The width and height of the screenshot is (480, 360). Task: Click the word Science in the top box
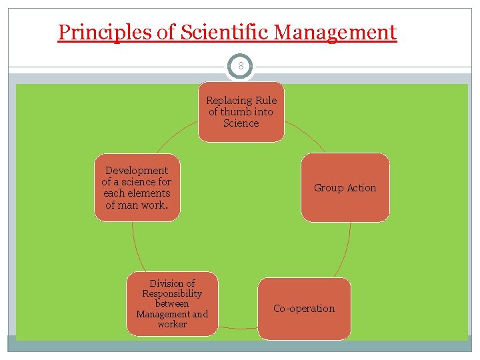click(241, 123)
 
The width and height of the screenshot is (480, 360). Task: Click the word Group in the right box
click(329, 188)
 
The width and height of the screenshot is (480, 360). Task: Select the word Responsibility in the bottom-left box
click(172, 293)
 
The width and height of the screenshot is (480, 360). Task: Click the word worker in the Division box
click(172, 325)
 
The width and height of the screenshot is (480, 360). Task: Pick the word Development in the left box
click(137, 171)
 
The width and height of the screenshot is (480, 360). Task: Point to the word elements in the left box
click(149, 193)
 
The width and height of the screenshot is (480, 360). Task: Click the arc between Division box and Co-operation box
click(238, 328)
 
